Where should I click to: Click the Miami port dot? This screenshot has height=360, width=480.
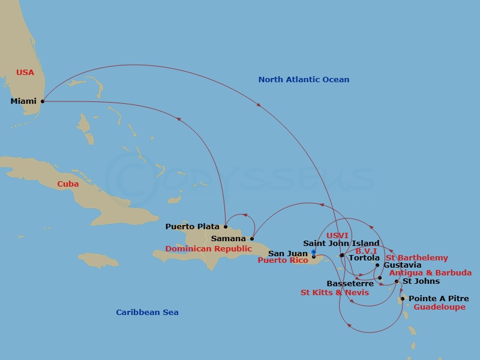tap(42, 101)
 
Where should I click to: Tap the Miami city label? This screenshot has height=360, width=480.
tap(23, 101)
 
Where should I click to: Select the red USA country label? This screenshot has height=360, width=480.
tap(25, 73)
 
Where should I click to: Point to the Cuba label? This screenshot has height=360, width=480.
tap(68, 184)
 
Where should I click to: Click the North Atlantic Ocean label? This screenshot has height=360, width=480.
tap(304, 80)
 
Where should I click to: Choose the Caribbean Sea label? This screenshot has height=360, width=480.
tap(147, 312)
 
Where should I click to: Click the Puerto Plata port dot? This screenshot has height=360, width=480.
tap(226, 227)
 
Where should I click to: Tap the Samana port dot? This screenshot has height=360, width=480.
tap(253, 239)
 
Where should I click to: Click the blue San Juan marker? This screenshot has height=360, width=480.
tap(313, 252)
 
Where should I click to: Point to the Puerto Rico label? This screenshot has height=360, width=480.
tap(283, 260)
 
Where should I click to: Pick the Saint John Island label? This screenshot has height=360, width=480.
tap(341, 244)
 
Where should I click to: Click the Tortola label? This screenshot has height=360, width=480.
tap(364, 258)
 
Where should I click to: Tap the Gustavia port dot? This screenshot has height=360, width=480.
tap(377, 265)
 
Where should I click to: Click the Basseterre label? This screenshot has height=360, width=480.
tap(350, 283)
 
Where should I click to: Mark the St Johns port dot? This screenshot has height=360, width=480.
tap(397, 281)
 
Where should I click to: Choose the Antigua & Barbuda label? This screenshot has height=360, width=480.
tap(430, 273)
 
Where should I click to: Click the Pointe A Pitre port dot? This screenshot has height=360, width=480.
tap(403, 299)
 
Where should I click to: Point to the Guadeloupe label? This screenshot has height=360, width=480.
tap(440, 307)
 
